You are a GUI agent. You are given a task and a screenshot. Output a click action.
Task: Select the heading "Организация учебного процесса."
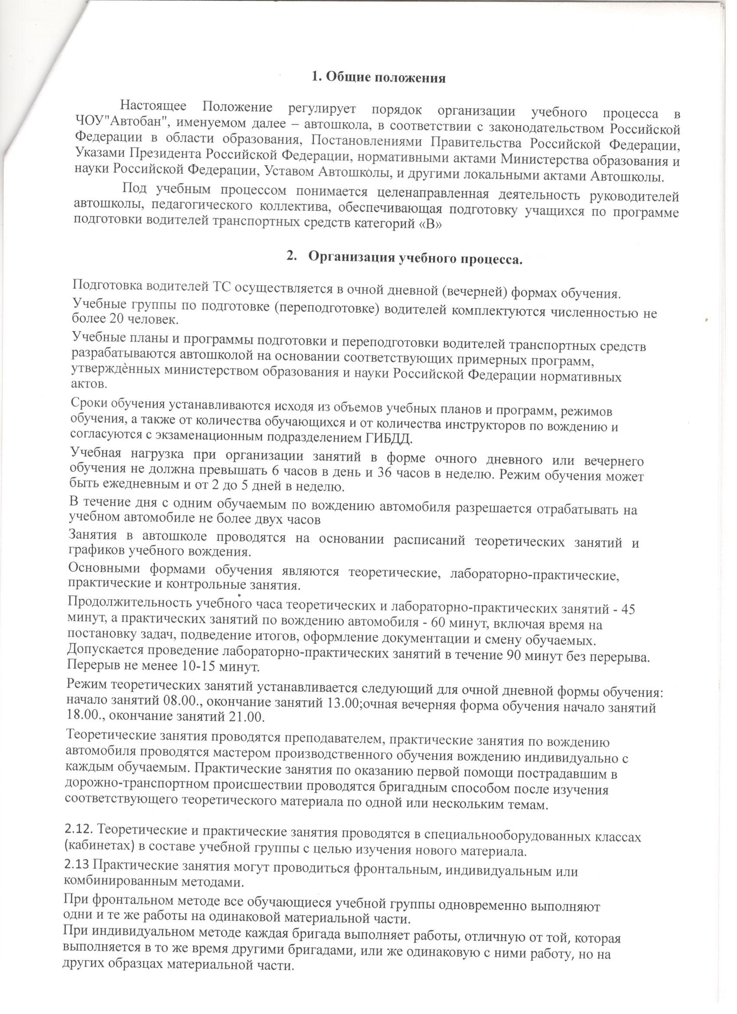(x=415, y=259)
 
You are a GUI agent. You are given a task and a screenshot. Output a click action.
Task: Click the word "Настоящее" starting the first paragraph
(x=153, y=106)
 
